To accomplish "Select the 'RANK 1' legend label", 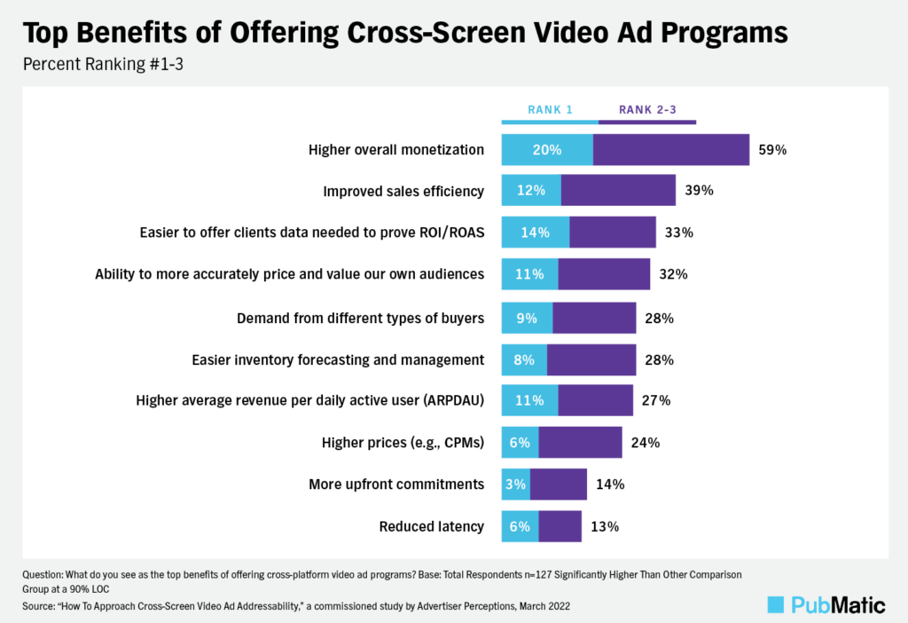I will (x=550, y=110).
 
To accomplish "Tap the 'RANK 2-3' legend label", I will (x=647, y=110).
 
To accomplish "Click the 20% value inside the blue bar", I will (x=547, y=150).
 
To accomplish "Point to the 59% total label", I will (x=772, y=150).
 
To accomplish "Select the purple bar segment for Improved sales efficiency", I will (x=618, y=191).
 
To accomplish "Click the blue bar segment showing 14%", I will (x=536, y=233).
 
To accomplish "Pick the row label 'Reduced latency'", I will (x=432, y=526).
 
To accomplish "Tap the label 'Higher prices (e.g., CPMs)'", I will (x=403, y=443).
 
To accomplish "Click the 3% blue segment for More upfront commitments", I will (x=516, y=485).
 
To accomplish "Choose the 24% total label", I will (x=645, y=443).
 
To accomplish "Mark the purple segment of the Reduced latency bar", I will (x=560, y=526).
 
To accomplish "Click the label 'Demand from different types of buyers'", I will (x=361, y=318).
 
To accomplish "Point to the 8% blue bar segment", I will (x=524, y=359).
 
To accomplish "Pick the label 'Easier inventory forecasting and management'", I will (x=338, y=359).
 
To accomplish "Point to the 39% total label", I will (x=699, y=191).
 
